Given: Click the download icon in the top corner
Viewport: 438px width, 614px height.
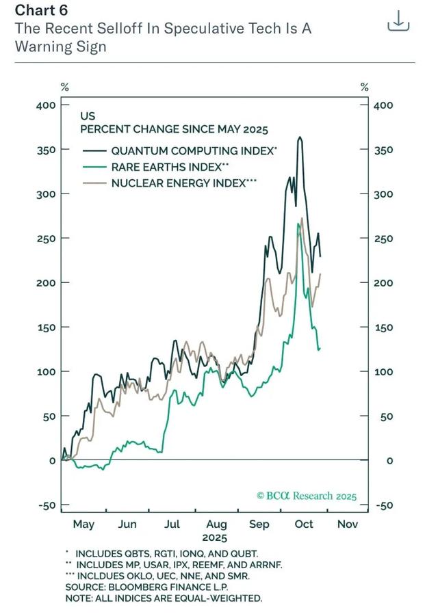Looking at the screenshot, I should (x=398, y=21).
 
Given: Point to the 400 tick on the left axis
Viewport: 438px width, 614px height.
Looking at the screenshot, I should (x=46, y=105).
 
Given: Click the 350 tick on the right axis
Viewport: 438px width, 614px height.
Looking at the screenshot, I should (x=383, y=150).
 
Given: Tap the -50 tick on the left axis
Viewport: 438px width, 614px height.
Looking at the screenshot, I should (x=47, y=505).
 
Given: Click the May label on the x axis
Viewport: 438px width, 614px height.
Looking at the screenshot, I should (x=83, y=524).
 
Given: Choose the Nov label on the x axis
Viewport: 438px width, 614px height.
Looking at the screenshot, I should (x=348, y=524).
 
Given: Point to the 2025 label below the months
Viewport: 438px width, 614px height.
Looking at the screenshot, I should (x=215, y=537).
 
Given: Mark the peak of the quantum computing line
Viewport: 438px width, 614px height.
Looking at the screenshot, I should (x=300, y=137).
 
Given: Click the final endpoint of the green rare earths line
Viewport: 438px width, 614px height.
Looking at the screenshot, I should (x=319, y=349).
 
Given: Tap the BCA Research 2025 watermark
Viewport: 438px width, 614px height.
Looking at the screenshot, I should (x=306, y=496).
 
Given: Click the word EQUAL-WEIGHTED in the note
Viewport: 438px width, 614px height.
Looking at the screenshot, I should (x=222, y=598).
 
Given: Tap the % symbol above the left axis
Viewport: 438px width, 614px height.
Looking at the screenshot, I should (x=65, y=87).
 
